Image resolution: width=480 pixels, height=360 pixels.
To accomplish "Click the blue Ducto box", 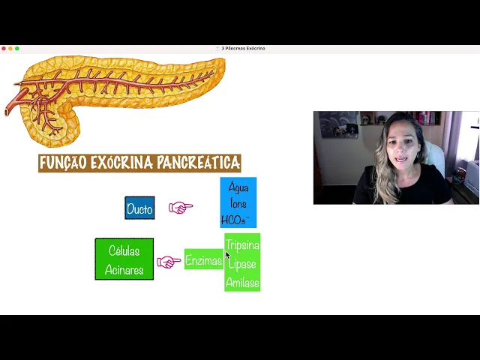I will tap(139, 208).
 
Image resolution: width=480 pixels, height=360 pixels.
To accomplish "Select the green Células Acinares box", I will tap(124, 259).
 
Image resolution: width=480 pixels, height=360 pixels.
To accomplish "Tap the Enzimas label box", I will tap(203, 260).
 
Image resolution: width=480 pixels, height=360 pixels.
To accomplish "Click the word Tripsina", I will tap(242, 245).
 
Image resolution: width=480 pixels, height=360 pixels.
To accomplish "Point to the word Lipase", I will tap(242, 264).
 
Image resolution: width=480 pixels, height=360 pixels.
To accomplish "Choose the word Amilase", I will tap(242, 282).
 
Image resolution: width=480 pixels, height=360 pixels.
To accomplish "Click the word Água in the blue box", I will tap(238, 187).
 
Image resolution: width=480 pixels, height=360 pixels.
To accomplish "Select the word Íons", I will tap(238, 203).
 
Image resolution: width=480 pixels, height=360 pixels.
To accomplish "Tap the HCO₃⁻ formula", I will tap(237, 220).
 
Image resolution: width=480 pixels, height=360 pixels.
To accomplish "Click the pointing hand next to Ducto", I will tap(180, 207).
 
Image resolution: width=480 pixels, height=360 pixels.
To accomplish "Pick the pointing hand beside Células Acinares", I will tap(169, 262).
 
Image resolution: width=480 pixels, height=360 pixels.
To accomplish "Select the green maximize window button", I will tap(17, 48).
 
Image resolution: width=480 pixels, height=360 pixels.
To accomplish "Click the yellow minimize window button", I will tap(10, 48).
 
